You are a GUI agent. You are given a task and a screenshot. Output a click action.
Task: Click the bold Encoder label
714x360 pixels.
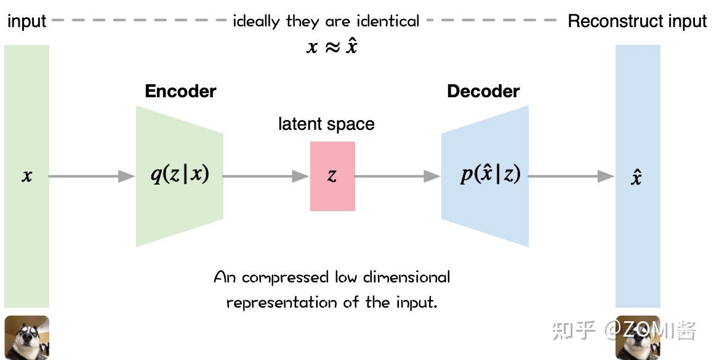(180, 92)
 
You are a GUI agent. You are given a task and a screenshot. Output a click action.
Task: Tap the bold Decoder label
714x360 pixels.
(483, 92)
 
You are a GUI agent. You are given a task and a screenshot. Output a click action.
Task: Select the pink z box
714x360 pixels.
(332, 176)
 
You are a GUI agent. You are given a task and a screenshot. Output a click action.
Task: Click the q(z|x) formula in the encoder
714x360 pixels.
(180, 175)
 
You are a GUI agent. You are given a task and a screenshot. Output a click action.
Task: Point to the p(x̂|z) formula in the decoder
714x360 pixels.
(491, 175)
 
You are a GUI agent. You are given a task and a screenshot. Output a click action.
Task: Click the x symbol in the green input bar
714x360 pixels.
(26, 177)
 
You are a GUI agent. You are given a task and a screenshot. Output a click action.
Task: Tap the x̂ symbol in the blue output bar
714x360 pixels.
(637, 178)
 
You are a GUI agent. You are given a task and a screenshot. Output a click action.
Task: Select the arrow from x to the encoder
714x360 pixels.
(92, 177)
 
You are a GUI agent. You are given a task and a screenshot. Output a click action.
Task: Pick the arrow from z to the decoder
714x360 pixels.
(398, 177)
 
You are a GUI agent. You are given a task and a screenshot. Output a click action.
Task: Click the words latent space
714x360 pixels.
(326, 124)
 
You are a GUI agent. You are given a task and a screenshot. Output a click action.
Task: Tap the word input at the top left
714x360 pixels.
(26, 22)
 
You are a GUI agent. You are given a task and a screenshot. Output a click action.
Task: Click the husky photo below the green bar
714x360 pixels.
(26, 337)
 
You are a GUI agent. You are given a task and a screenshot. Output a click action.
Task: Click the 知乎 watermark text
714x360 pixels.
(574, 330)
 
